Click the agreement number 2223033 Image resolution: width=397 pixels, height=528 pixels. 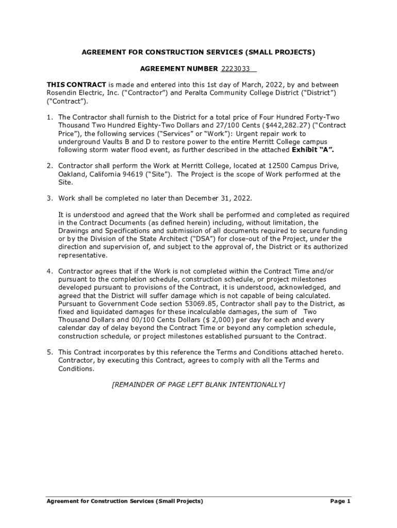click(x=236, y=69)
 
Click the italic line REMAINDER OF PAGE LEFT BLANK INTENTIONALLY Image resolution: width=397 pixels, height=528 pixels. click(x=198, y=385)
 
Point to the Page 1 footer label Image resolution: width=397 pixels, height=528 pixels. click(x=340, y=501)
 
